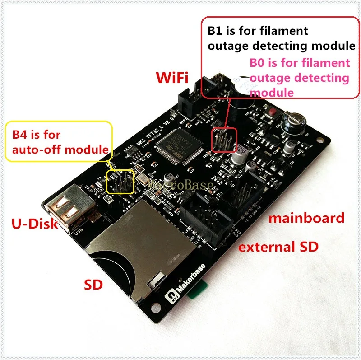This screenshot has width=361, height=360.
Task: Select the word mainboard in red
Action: (306, 218)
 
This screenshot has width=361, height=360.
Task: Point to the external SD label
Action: (278, 247)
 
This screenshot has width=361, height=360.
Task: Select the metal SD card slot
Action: (135, 244)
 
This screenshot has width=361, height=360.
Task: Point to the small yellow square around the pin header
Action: (120, 182)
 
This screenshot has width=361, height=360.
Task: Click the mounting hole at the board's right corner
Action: (322, 138)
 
